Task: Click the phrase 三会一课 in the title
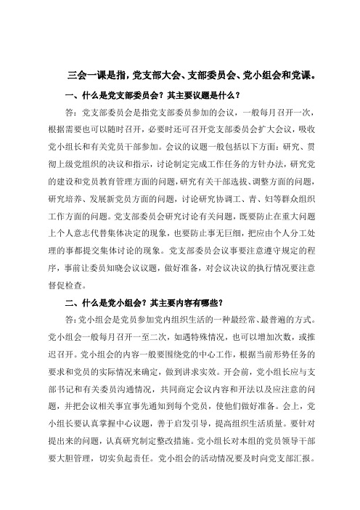coord(85,75)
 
